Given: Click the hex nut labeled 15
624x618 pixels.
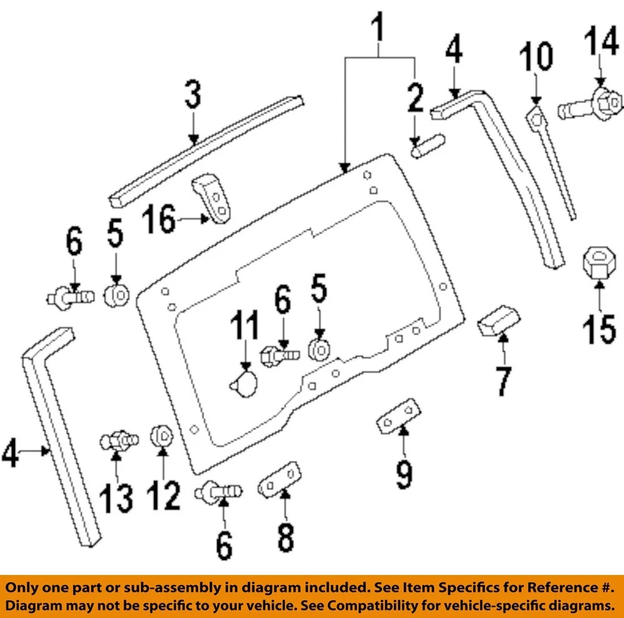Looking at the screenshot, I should pos(599,263).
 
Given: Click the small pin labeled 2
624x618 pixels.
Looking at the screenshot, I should pos(426,144).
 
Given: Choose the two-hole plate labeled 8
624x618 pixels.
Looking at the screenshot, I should pos(281,480).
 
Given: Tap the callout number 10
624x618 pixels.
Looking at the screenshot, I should pos(536,58).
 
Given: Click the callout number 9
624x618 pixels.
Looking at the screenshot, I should pos(404,474).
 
